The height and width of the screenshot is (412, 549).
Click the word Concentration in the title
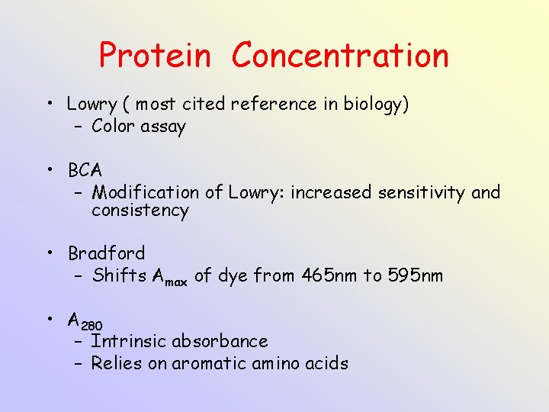(x=340, y=56)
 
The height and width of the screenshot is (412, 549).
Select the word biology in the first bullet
(x=377, y=105)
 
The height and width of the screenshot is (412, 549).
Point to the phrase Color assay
(x=138, y=127)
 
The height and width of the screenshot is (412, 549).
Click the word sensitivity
(x=422, y=192)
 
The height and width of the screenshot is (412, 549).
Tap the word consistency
(x=140, y=211)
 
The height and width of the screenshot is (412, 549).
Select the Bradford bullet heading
(x=106, y=253)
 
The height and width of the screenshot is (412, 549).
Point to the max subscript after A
(x=176, y=281)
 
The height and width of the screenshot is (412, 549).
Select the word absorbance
(x=220, y=341)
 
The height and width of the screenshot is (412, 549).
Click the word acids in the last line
(x=327, y=363)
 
